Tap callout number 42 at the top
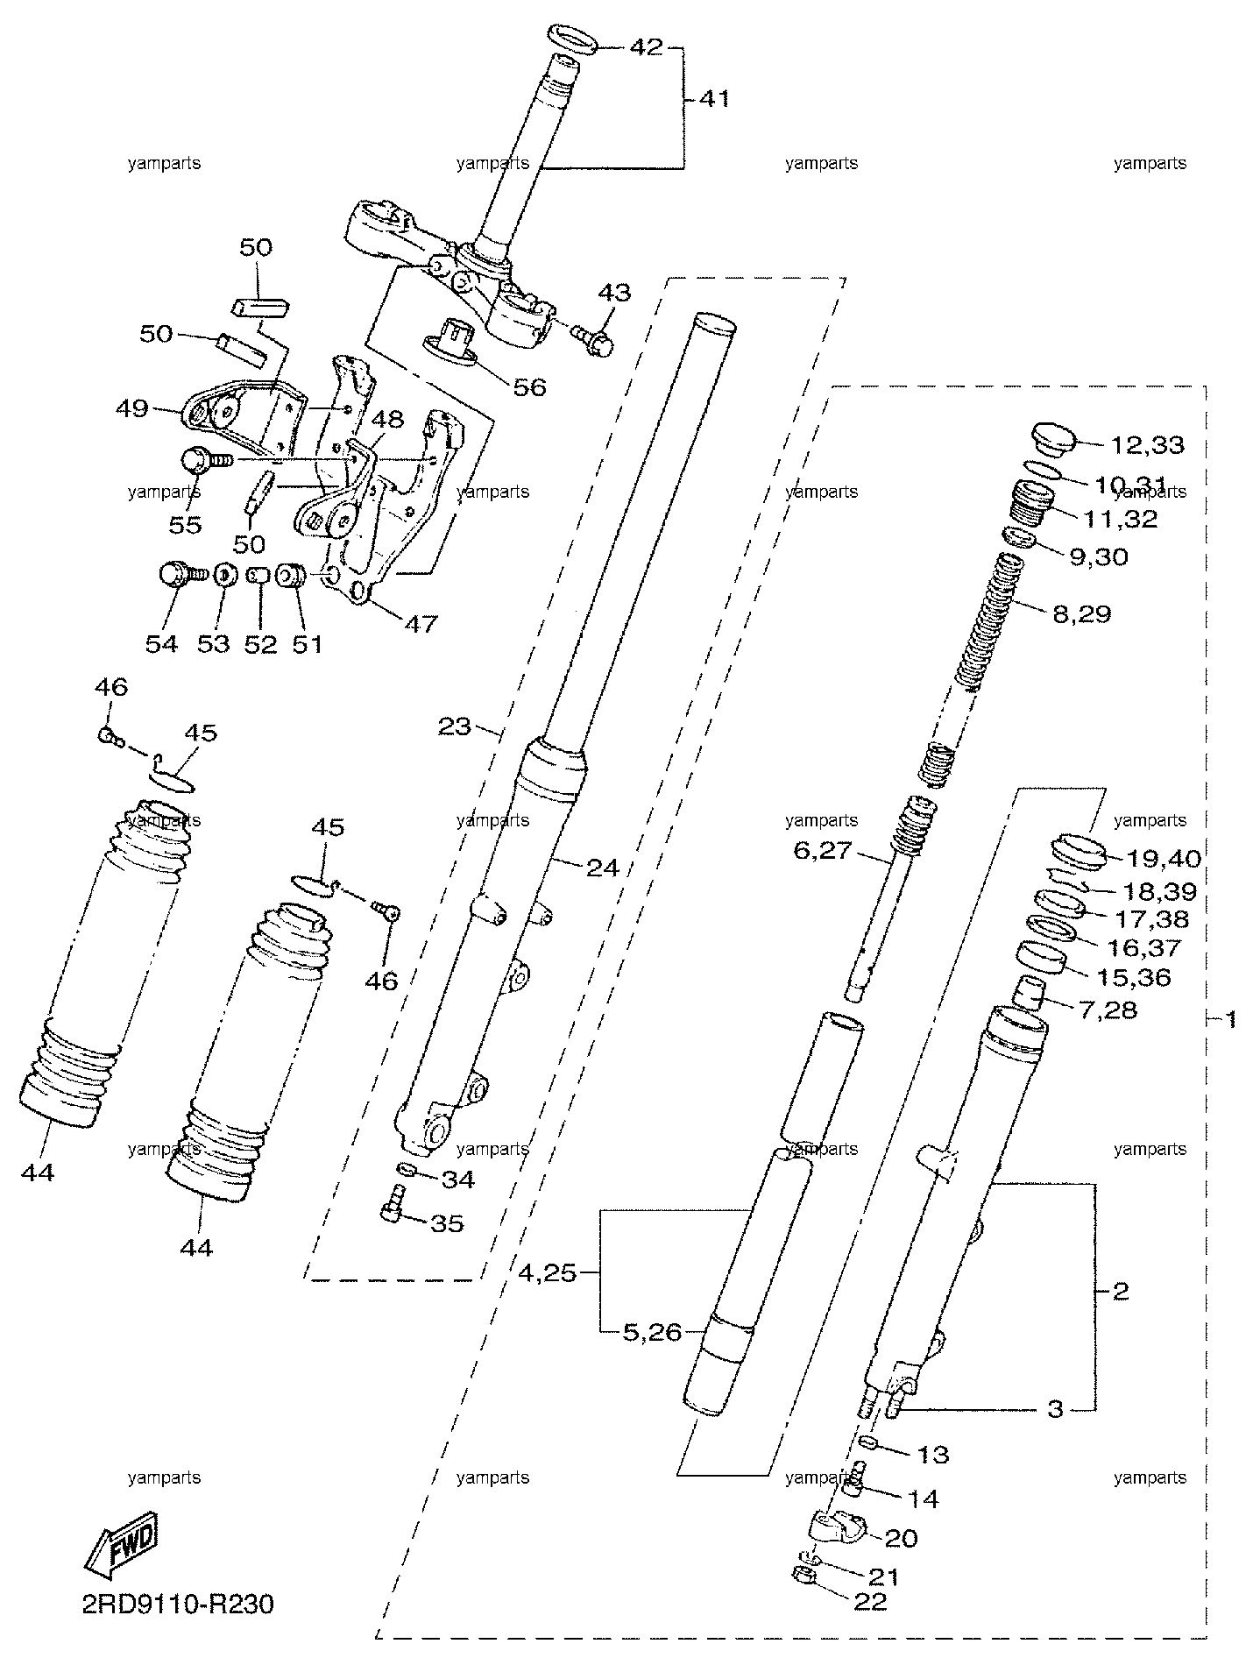(x=648, y=46)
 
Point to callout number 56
(x=528, y=386)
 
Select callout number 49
(x=133, y=408)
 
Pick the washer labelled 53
(x=223, y=576)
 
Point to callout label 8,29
(x=1081, y=613)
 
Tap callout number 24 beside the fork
(x=602, y=868)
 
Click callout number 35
(x=446, y=1222)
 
